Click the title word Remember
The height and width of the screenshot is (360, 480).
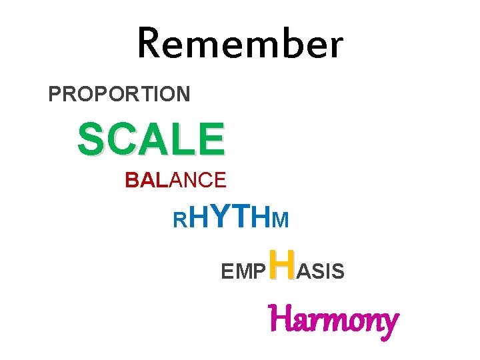pos(240,44)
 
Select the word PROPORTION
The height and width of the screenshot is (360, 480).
pos(119,94)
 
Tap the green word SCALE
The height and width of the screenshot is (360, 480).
pos(151,139)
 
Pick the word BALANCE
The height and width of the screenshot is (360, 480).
pos(175,180)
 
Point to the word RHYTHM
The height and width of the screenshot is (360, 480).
pos(231,217)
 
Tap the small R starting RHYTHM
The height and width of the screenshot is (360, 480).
pos(179,219)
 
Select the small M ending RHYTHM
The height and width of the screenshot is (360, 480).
pos(281,219)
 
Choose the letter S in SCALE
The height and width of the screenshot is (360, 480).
pos(91,139)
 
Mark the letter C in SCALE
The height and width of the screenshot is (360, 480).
pos(120,139)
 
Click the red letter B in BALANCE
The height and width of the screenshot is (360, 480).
pos(131,180)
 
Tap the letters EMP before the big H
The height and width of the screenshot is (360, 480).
pos(243,271)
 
